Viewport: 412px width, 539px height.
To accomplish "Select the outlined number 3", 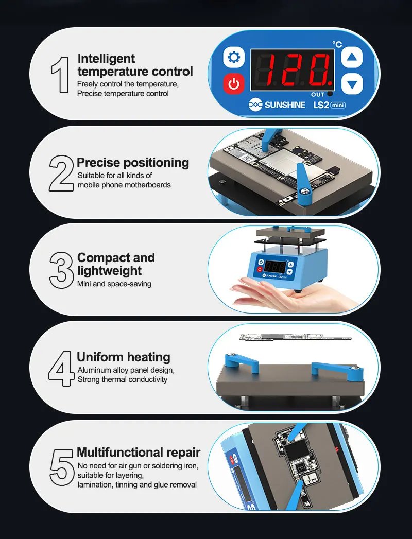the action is point(61,271).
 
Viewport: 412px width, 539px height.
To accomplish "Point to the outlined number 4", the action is point(61,368).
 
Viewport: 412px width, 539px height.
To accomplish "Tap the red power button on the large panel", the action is point(234,83).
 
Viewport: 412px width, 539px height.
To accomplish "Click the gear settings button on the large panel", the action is point(234,57).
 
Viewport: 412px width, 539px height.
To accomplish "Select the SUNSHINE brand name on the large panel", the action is point(285,105).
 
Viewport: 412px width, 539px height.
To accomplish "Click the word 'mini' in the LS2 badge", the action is point(338,105).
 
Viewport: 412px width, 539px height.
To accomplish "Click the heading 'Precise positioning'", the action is point(133,163).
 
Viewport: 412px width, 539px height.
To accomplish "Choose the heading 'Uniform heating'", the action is point(124,357).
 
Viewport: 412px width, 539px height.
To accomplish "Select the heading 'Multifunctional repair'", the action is point(139,453).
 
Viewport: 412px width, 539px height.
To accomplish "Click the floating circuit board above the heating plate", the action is point(296,337).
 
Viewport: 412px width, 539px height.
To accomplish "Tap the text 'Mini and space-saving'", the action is point(114,284).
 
